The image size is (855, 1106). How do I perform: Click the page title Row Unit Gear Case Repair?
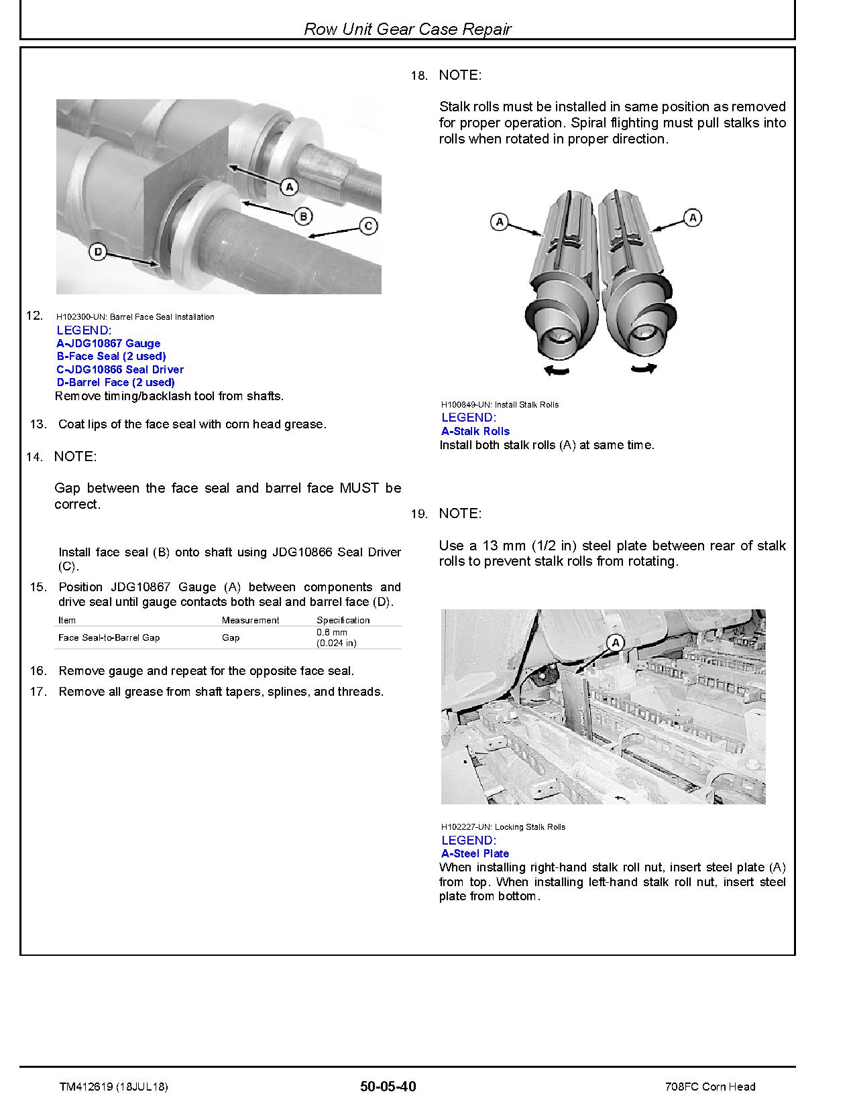(x=407, y=29)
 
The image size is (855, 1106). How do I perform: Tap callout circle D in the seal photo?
(x=98, y=253)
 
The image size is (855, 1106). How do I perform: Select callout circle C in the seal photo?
(x=368, y=226)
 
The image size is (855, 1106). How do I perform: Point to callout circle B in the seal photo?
(x=303, y=216)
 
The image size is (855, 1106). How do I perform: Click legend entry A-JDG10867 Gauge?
(x=108, y=343)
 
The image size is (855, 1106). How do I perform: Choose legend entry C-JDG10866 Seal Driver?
(x=119, y=369)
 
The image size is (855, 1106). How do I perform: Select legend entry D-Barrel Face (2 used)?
(x=115, y=382)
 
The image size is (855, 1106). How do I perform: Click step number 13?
(x=39, y=424)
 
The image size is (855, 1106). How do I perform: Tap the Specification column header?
(x=343, y=620)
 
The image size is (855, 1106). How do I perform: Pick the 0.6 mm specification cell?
(x=336, y=637)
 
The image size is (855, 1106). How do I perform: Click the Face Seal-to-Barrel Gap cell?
(x=109, y=637)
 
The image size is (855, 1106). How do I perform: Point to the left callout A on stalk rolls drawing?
(x=500, y=221)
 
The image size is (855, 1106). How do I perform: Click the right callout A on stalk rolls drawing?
(x=693, y=217)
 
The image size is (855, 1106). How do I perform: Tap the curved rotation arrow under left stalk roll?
(x=557, y=370)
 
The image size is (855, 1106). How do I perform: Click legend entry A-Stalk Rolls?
(x=475, y=431)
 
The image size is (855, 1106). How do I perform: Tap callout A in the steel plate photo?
(x=616, y=643)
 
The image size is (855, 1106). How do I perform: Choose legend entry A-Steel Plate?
(x=475, y=853)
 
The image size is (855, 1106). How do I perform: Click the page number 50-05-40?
(x=388, y=1087)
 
